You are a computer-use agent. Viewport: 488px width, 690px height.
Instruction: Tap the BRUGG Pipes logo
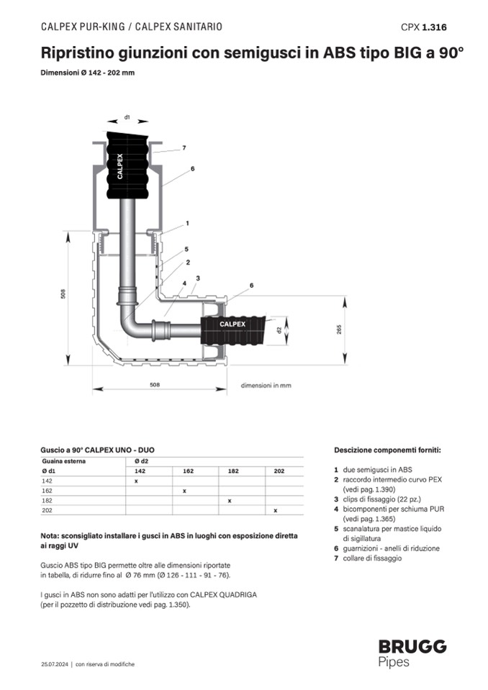click(412, 653)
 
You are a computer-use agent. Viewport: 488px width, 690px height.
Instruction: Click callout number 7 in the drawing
click(184, 147)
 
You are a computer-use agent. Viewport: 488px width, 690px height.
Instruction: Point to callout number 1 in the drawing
click(186, 223)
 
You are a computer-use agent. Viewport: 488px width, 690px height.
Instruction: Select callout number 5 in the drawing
click(186, 249)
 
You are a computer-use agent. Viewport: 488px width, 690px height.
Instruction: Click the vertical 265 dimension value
click(339, 328)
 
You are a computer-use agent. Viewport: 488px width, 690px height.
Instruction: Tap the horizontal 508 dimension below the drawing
click(155, 385)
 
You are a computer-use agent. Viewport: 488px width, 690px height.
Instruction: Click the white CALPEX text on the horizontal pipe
click(232, 324)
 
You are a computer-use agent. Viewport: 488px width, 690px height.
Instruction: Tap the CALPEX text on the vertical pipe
click(120, 165)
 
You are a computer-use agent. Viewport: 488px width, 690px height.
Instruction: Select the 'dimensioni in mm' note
click(266, 386)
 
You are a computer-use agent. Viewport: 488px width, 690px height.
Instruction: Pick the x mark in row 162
click(184, 490)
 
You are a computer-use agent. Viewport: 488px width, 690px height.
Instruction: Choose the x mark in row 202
click(275, 510)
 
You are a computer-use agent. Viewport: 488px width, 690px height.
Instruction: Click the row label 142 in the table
click(47, 480)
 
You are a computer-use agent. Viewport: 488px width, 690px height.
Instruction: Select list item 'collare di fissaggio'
click(372, 558)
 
